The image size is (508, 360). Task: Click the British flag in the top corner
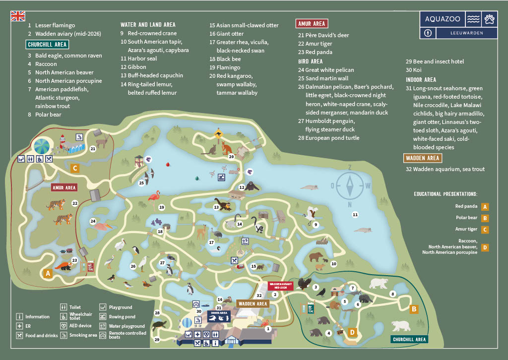18,16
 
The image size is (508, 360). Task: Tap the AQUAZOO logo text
443,19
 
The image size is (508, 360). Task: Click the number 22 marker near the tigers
75,203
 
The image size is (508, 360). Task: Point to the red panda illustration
63,267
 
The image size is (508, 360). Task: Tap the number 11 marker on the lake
355,215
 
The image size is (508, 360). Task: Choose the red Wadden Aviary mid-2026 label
280,286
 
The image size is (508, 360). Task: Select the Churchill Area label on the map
409,340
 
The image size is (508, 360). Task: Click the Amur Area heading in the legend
312,24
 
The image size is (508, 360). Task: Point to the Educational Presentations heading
445,194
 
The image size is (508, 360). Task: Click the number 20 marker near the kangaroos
231,157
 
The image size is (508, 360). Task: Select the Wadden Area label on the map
253,303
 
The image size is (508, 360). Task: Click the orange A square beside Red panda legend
485,207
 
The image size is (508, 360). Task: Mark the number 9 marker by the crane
315,225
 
